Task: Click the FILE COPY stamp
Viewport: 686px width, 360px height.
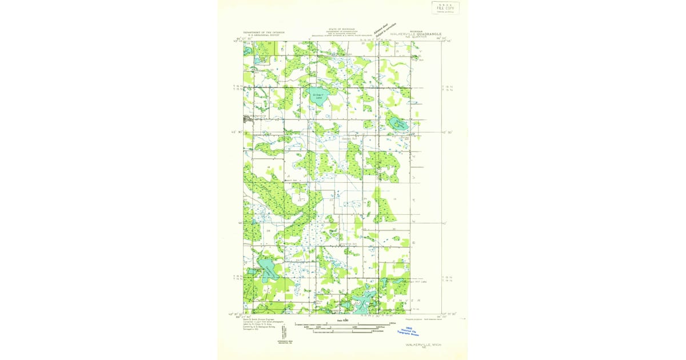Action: pyautogui.click(x=445, y=7)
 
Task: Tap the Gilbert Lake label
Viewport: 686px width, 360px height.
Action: pyautogui.click(x=318, y=95)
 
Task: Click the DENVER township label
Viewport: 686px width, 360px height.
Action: pyautogui.click(x=402, y=299)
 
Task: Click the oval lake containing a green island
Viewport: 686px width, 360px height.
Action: pyautogui.click(x=397, y=122)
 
